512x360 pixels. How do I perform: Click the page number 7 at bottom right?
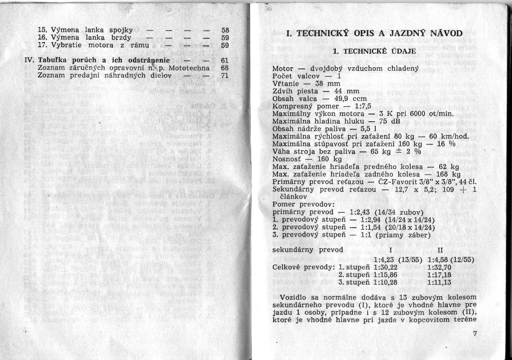click(475, 334)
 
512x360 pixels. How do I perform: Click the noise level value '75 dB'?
click(370, 121)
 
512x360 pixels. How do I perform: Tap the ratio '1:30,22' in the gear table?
click(385, 267)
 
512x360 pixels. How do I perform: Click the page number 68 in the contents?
click(226, 67)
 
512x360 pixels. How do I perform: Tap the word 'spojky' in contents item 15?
click(121, 30)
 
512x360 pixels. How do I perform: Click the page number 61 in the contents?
click(226, 60)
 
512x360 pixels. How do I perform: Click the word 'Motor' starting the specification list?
click(282, 69)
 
